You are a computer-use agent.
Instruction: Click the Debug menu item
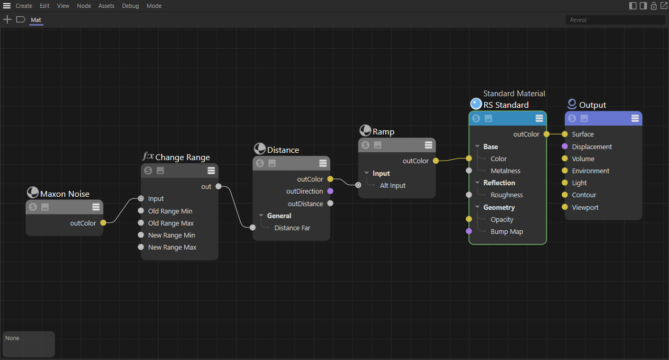pyautogui.click(x=130, y=6)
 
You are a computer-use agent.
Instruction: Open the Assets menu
pyautogui.click(x=106, y=6)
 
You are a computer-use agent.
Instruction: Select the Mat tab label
pyautogui.click(x=36, y=20)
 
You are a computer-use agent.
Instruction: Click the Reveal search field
pyautogui.click(x=616, y=20)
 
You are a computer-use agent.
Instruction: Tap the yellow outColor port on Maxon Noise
pyautogui.click(x=103, y=223)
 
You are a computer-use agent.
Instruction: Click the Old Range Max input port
pyautogui.click(x=141, y=223)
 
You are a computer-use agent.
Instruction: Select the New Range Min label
pyautogui.click(x=171, y=235)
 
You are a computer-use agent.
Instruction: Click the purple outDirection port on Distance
pyautogui.click(x=330, y=191)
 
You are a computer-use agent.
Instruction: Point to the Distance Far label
pyautogui.click(x=292, y=228)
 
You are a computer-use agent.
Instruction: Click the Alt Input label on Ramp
pyautogui.click(x=393, y=185)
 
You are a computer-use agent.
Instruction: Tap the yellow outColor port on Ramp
pyautogui.click(x=436, y=161)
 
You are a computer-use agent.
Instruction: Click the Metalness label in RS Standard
pyautogui.click(x=505, y=171)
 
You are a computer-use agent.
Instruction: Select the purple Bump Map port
pyautogui.click(x=469, y=231)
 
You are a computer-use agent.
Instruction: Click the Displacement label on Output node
pyautogui.click(x=592, y=147)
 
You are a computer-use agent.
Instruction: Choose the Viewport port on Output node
pyautogui.click(x=564, y=207)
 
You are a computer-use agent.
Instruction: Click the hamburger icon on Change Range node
pyautogui.click(x=211, y=171)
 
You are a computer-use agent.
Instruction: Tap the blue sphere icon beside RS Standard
pyautogui.click(x=476, y=104)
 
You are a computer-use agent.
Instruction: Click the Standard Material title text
pyautogui.click(x=514, y=94)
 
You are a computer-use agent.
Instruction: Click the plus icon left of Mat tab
pyautogui.click(x=7, y=20)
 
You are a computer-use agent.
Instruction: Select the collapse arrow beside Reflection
pyautogui.click(x=477, y=183)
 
